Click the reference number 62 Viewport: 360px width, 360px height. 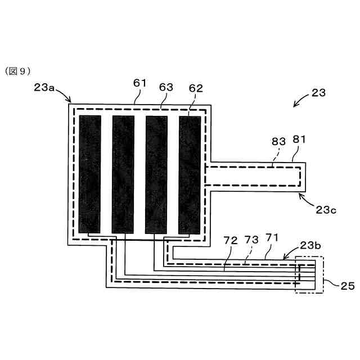(196, 88)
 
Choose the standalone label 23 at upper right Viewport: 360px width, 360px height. (318, 93)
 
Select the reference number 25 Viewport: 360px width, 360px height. (347, 286)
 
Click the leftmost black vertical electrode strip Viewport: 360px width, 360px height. (90, 174)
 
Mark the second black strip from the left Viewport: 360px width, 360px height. (123, 174)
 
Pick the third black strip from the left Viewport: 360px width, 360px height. (156, 174)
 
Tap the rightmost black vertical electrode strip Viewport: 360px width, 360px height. (190, 174)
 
